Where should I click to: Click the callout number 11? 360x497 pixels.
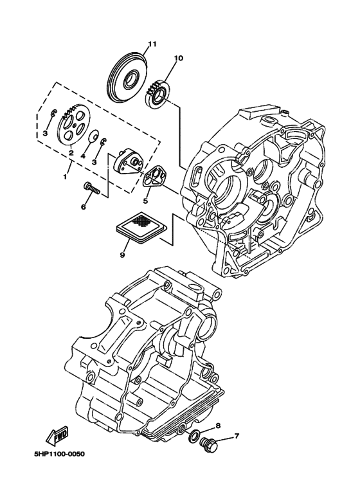click(x=152, y=44)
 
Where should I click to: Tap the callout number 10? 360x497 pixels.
click(x=178, y=59)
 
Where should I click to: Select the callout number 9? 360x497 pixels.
click(x=122, y=255)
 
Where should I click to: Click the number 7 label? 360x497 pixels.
click(x=236, y=437)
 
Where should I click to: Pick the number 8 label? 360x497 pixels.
click(x=218, y=426)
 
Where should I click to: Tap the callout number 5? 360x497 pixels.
click(x=146, y=201)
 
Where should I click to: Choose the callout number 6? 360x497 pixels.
click(x=83, y=207)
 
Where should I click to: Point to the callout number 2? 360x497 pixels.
click(x=71, y=154)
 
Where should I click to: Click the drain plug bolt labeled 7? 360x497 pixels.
click(x=210, y=444)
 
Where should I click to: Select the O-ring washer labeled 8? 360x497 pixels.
click(x=193, y=437)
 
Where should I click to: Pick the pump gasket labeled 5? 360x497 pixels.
click(x=156, y=177)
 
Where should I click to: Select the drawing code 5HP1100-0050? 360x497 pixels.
click(x=59, y=454)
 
